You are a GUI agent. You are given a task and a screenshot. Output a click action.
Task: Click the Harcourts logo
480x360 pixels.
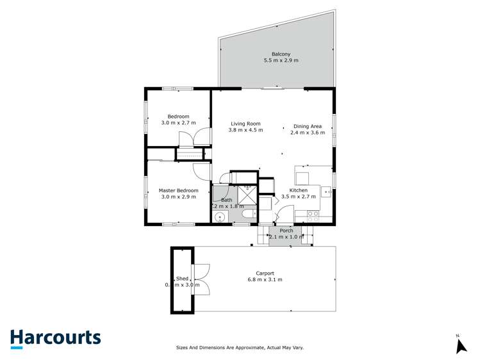55,338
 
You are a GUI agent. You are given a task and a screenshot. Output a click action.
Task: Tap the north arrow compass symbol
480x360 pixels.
460,345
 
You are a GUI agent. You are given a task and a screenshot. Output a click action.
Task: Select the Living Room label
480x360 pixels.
245,124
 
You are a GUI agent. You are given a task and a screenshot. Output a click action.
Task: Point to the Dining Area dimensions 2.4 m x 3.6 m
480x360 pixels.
307,133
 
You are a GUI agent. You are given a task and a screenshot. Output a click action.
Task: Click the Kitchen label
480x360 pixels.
298,190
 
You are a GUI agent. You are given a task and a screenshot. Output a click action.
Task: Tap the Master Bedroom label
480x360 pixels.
178,190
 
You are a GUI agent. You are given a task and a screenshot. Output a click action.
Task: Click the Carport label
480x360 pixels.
265,274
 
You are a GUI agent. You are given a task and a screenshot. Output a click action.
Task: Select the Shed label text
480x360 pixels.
182,279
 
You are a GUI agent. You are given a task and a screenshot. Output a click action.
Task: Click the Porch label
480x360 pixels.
286,231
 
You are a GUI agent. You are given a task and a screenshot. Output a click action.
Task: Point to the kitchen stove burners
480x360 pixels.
313,217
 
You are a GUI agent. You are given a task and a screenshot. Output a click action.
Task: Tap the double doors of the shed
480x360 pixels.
201,279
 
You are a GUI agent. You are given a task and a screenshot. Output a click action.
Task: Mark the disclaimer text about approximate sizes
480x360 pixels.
240,348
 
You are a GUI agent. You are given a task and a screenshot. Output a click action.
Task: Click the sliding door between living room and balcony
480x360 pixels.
272,88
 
